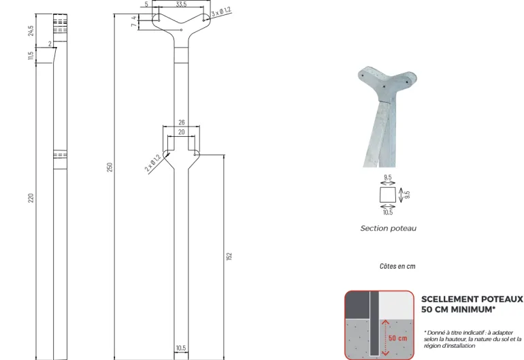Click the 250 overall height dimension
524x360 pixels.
[x=110, y=167]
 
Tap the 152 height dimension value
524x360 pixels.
[x=229, y=257]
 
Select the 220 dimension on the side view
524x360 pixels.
[x=31, y=197]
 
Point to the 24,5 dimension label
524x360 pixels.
[x=31, y=31]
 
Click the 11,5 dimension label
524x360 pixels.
[x=31, y=56]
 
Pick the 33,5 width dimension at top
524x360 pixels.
[x=181, y=4]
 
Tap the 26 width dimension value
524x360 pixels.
[x=182, y=122]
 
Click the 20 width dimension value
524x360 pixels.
[x=182, y=132]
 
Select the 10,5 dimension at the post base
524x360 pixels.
[x=181, y=348]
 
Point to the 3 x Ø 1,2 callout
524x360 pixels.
[x=221, y=12]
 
